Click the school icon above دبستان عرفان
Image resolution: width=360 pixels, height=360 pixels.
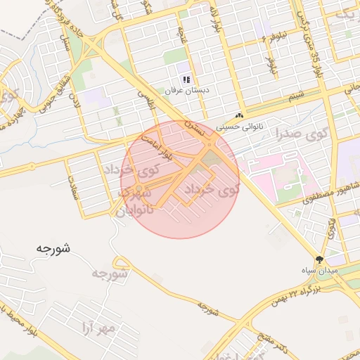186,80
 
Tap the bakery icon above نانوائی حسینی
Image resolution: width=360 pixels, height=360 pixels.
240,116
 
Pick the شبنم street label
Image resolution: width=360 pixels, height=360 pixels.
298,95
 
